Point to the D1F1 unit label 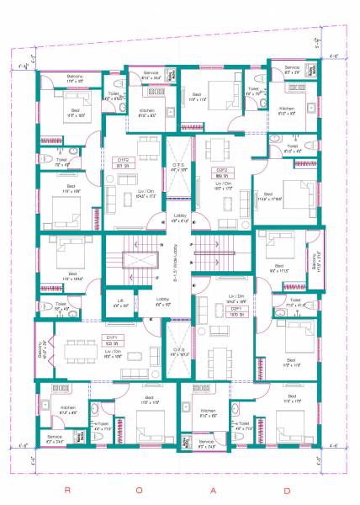110,337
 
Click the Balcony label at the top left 75,76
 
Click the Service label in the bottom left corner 55,437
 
